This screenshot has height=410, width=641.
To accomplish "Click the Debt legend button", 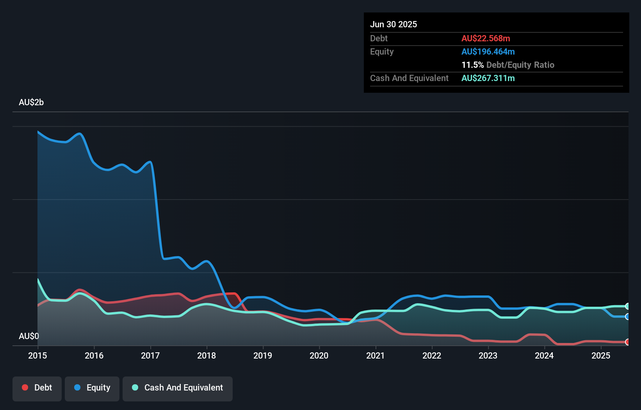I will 37,388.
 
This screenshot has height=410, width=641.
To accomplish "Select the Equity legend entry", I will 92,388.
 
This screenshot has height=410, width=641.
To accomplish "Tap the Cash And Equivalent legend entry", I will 178,388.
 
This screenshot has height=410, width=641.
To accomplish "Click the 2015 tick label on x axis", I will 37,355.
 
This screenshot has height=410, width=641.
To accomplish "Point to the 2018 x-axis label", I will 207,355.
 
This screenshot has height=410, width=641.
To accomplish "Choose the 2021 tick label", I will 375,355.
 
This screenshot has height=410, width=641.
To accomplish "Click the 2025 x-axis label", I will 600,355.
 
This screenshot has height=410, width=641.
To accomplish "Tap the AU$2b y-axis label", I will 31,102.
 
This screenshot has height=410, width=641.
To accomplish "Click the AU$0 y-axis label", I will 29,336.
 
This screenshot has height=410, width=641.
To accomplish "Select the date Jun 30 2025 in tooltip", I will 394,25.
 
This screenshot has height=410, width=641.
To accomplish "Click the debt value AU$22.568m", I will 486,39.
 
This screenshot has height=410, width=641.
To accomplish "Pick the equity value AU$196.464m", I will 488,52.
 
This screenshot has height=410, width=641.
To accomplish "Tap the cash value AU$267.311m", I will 488,78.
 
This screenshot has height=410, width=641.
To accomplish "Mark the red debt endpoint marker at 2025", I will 627,342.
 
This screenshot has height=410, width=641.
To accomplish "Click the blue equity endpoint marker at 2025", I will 627,316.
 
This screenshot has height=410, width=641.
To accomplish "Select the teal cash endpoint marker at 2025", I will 627,306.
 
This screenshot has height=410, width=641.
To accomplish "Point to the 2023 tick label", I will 488,355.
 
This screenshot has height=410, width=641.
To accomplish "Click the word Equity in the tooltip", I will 382,52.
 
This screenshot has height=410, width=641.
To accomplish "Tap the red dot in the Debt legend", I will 25,387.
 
